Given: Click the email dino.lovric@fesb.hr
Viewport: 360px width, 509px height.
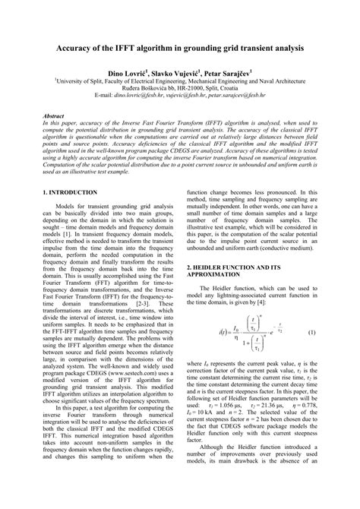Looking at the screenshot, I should click(147, 97).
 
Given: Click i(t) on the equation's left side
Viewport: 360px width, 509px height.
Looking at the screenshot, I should click(201, 334).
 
